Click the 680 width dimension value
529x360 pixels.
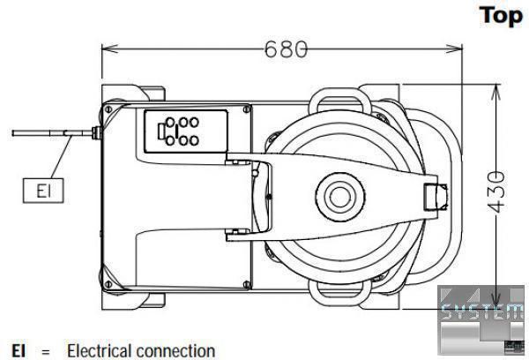point(286,49)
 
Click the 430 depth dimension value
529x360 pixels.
point(497,192)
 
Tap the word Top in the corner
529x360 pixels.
point(501,16)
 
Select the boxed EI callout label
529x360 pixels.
point(43,191)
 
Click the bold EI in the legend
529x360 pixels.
point(19,350)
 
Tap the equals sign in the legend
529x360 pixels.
point(46,352)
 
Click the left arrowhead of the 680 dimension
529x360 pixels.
point(109,49)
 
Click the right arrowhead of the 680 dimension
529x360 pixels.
point(454,49)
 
